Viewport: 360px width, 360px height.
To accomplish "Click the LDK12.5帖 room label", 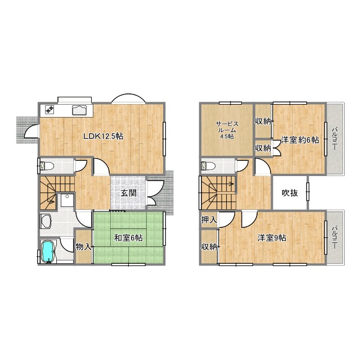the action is coord(103,136).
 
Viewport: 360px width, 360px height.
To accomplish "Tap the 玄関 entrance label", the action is coord(129,193).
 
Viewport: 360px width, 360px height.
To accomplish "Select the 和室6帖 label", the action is coord(128,238).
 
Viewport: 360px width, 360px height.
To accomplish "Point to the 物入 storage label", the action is coord(83,247).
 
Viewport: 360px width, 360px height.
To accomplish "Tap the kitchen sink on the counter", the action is coord(79,110).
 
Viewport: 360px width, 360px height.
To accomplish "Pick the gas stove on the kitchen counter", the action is coord(49,109).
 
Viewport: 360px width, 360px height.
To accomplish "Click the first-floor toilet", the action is coord(47,165).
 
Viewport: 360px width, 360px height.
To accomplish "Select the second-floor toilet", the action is coord(208,165).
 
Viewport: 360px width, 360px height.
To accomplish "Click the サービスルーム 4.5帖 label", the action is coord(227,130).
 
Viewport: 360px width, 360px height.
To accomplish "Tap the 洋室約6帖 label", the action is coord(300,140).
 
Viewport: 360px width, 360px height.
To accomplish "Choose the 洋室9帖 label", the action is coord(272,238).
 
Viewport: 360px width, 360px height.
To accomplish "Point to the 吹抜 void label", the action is coord(290,193).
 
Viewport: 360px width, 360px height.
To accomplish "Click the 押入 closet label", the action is coord(209,220).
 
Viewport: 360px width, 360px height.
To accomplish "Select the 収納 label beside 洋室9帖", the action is coord(209,247).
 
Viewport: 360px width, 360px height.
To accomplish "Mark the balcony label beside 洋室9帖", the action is coord(335,238).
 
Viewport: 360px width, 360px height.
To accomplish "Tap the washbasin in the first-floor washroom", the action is coord(67,201).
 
